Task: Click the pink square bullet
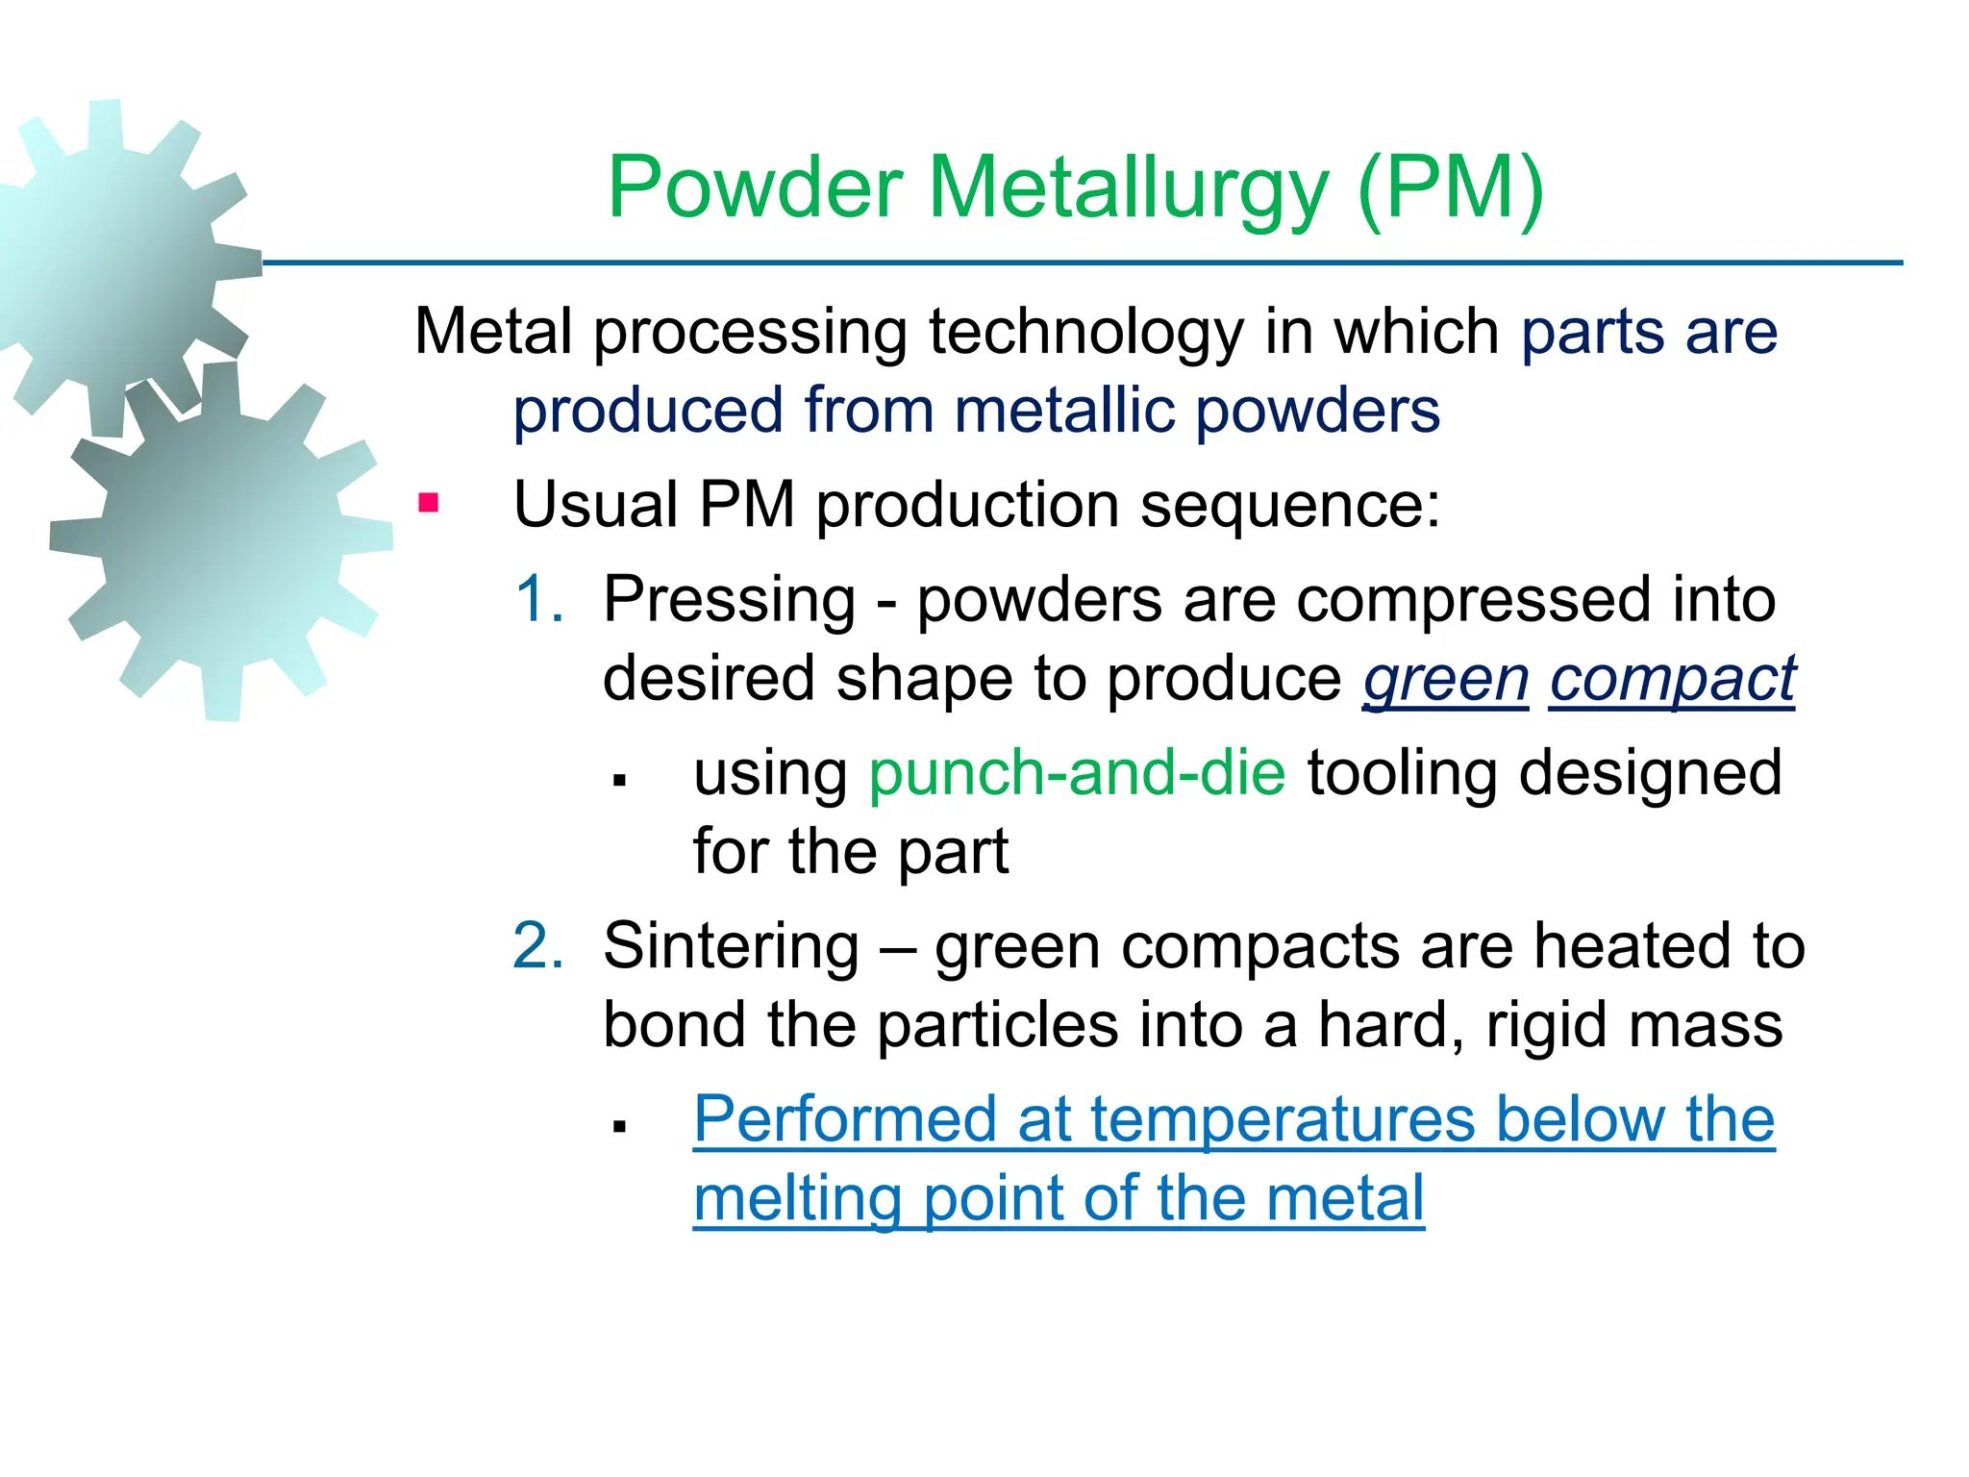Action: (429, 503)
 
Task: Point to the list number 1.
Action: (538, 599)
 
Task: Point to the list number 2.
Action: (538, 945)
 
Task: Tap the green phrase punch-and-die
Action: (1077, 772)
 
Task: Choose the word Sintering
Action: (731, 946)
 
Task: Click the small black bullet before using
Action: (620, 780)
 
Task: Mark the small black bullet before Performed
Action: (620, 1126)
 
